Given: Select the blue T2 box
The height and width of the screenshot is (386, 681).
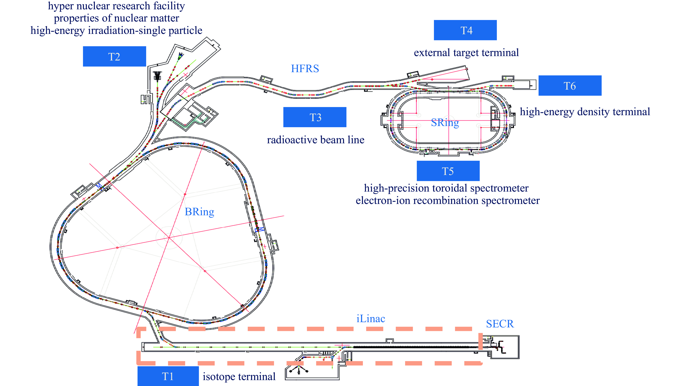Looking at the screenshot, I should coord(114,56).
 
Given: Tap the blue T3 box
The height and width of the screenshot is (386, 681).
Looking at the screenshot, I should coord(315,117).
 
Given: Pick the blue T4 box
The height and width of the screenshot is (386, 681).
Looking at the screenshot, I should coord(465,30).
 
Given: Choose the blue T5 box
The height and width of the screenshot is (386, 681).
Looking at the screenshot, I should coord(448,171).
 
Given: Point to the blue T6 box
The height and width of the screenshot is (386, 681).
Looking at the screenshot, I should coord(570,86).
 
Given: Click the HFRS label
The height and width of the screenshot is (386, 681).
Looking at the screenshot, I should coord(305,69).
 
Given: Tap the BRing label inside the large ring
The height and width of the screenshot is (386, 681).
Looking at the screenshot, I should coord(199,212).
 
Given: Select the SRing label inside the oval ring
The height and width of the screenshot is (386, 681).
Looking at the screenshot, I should coord(445,122).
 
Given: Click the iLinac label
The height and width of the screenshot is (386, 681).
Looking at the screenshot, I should coord(371,319).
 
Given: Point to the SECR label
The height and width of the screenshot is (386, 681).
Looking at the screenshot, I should coord(500,324).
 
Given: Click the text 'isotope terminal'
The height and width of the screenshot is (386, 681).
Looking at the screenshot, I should coord(239,377).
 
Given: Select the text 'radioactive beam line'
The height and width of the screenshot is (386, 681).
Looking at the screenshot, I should coord(316,140).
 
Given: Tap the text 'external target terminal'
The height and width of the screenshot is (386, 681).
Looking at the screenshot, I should coord(466,53).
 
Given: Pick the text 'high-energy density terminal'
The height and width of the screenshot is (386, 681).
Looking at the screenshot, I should coord(585,112).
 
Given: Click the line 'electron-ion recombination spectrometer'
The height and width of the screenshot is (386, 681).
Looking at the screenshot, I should coord(447,200).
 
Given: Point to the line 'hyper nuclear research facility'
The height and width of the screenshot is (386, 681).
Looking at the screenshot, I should coord(116,6).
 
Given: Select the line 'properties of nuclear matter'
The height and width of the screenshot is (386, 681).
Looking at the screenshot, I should coord(116,18).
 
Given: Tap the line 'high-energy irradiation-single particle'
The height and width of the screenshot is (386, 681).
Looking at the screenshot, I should coord(116,30).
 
